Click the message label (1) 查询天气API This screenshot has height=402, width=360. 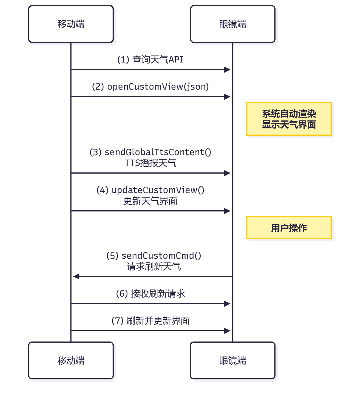(x=150, y=60)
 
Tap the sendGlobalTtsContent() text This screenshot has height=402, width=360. (x=158, y=152)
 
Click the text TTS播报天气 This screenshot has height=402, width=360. (x=150, y=163)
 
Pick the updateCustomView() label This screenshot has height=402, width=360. (x=158, y=190)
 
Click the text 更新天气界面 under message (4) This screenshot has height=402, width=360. (x=150, y=201)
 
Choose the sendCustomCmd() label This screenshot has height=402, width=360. (x=161, y=256)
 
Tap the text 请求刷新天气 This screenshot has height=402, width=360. (x=154, y=267)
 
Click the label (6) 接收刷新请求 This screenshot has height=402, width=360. (x=150, y=294)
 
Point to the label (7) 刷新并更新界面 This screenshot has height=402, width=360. (x=150, y=321)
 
